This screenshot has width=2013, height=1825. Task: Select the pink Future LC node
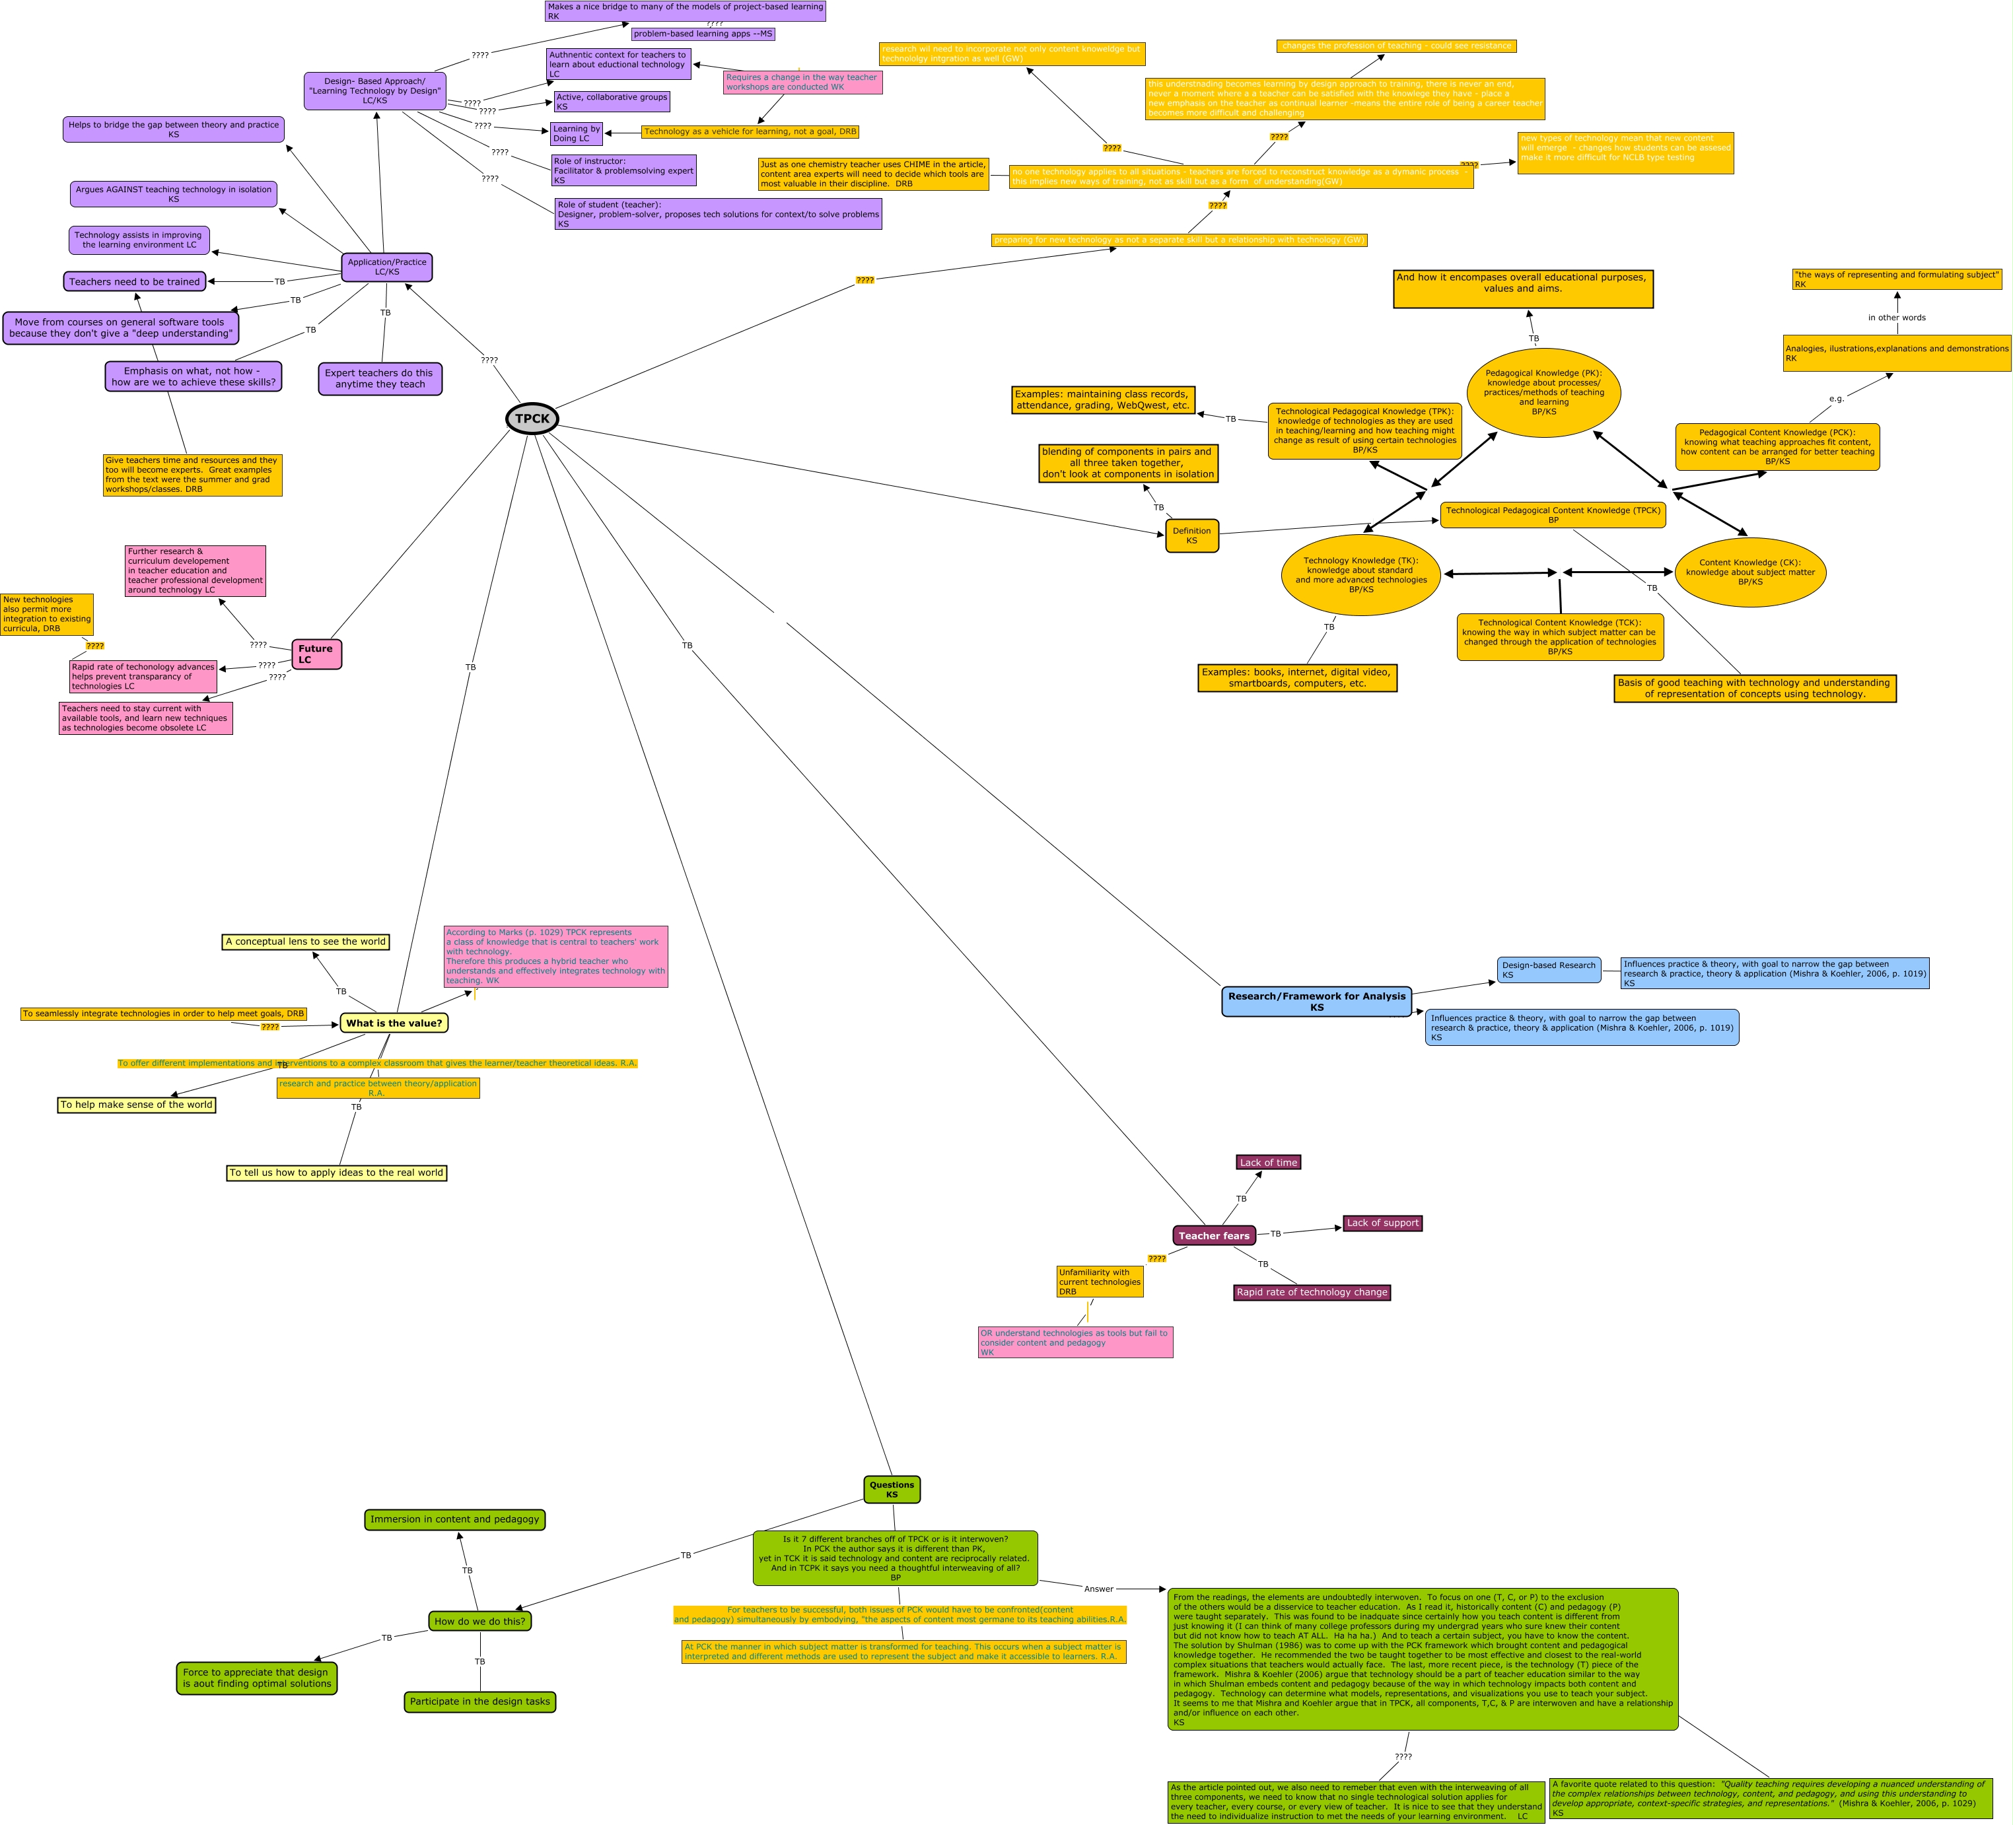point(316,654)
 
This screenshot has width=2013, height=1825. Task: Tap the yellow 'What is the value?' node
point(394,1022)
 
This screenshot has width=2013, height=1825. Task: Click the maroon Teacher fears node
point(1213,1235)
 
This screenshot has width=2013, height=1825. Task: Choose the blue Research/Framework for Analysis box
point(1316,1002)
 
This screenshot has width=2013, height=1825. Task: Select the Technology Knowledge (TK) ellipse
point(1360,575)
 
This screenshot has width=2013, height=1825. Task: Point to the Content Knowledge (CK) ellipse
point(1749,572)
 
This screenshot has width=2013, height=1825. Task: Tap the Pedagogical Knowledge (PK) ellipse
point(1543,392)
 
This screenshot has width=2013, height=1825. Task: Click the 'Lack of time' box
point(1268,1162)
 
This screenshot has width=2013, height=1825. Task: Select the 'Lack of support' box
point(1382,1223)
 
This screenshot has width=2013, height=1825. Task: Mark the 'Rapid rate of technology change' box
point(1311,1292)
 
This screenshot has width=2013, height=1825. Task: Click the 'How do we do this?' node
point(479,1620)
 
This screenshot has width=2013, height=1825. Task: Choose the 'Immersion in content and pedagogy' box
point(454,1519)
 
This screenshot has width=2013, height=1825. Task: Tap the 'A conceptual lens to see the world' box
point(306,942)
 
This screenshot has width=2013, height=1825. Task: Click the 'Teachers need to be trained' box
point(135,281)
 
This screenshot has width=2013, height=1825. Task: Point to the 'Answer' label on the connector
point(1098,1589)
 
